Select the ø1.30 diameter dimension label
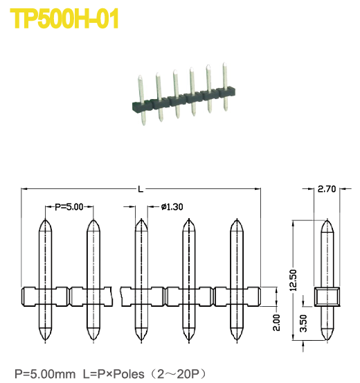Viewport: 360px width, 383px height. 171,206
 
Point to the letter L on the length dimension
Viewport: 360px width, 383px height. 141,188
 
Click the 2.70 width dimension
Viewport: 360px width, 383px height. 326,188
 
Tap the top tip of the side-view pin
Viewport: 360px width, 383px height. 327,222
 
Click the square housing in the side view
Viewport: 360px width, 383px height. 327,297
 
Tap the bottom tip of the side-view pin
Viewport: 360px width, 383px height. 327,340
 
